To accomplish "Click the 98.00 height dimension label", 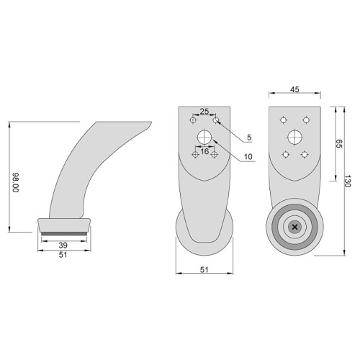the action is coord(16,182).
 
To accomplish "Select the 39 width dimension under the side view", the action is coord(63,246).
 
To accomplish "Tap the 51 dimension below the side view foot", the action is coord(63,255).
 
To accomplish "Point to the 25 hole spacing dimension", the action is coord(204,112).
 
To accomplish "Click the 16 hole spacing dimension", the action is coord(204,151).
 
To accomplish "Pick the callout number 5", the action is coord(249,138).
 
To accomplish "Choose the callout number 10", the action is coord(248,157).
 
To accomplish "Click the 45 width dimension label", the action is coord(294,89).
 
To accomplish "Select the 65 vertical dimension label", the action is coord(338,143).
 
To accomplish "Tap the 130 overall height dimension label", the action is coord(348,181).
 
